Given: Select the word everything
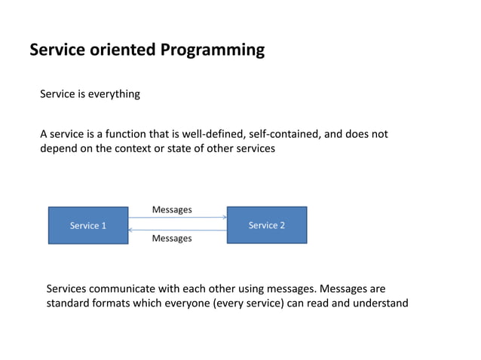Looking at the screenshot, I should coord(114,94).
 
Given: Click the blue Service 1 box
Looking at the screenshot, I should coord(88,225).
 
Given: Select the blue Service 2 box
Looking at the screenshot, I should coord(267,224).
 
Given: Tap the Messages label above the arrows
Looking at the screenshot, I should coord(172,209).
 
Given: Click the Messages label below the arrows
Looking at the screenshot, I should coord(172,239).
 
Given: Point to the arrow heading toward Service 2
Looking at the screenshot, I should coord(177,218).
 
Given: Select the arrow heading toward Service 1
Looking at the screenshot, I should coord(177,230).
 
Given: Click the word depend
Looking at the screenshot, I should coord(60,148).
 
